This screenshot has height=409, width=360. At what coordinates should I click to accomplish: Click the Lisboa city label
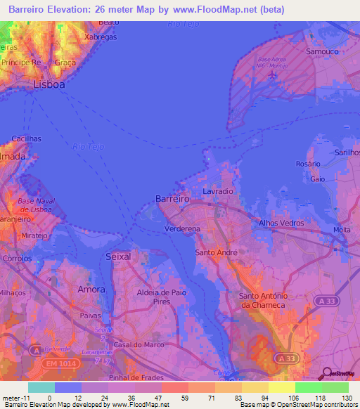click(x=49, y=84)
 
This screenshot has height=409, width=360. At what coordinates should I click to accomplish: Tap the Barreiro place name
click(x=172, y=200)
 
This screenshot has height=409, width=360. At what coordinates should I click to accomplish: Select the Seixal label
click(x=118, y=257)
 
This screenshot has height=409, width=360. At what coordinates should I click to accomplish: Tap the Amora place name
click(x=92, y=290)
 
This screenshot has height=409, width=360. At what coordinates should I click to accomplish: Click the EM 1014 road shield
click(x=60, y=342)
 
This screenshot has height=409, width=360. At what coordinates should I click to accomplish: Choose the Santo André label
click(x=217, y=252)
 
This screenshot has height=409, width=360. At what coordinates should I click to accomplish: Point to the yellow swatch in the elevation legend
click(x=281, y=387)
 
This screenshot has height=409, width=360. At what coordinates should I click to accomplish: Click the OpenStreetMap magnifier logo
click(x=326, y=374)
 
